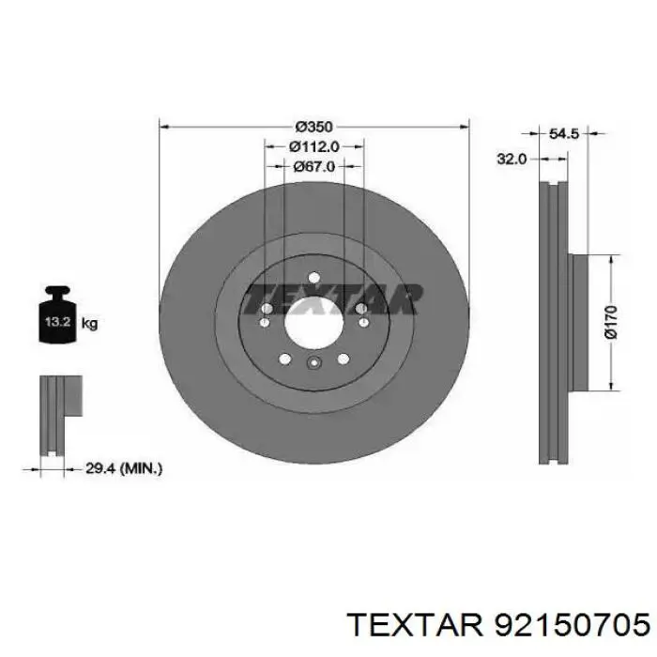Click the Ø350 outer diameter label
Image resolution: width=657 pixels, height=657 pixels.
(313, 126)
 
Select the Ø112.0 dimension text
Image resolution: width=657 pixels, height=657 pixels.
(313, 146)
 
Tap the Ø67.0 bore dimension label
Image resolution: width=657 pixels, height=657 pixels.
(313, 167)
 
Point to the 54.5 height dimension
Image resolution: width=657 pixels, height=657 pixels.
(563, 133)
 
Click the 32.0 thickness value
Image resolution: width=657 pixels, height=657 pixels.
(512, 159)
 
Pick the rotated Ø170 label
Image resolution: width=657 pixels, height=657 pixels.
(611, 322)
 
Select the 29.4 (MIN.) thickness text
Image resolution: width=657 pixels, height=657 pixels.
(124, 468)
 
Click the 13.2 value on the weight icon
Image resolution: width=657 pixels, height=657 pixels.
(57, 322)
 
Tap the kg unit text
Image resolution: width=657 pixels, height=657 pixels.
(89, 323)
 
